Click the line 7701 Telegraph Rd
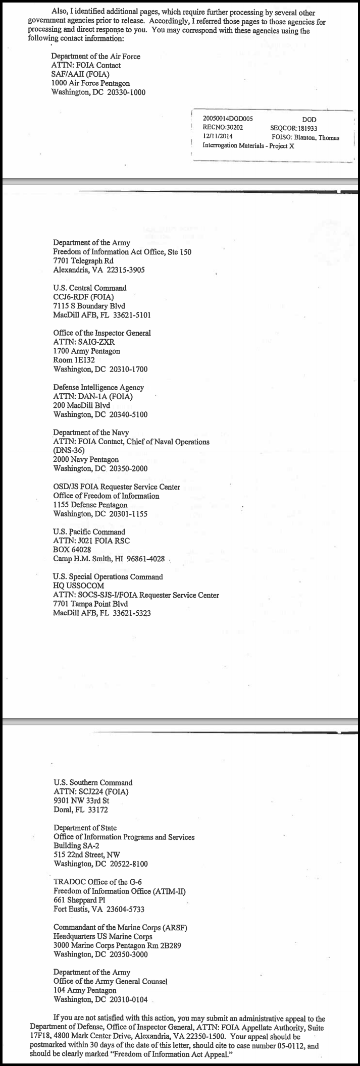click(x=83, y=261)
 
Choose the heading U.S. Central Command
click(x=90, y=288)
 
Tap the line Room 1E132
click(x=74, y=360)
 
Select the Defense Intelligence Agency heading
click(x=98, y=387)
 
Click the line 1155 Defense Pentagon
click(x=90, y=505)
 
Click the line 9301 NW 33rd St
click(x=81, y=801)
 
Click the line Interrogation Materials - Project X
click(x=248, y=146)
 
